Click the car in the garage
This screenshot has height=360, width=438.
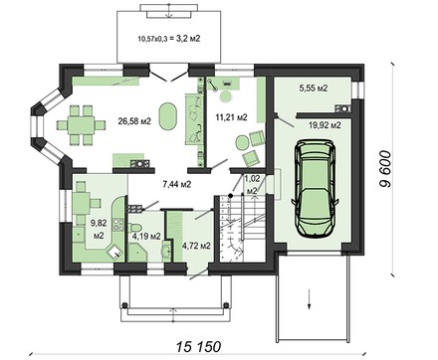point(316,188)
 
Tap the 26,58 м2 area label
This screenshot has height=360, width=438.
point(134,121)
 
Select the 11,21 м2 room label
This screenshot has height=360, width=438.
point(231,117)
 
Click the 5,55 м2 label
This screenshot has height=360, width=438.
point(314,89)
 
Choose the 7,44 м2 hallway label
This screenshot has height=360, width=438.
point(177,184)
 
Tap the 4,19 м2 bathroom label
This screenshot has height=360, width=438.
point(146,237)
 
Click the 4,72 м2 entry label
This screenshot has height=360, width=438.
point(196,246)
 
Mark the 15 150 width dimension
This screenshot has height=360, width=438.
point(198,347)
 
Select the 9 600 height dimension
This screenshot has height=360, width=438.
point(384,169)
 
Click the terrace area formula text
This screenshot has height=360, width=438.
point(169,39)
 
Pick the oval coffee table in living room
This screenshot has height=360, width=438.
point(167,116)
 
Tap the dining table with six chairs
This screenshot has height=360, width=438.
point(81,125)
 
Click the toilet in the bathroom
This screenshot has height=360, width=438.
point(135,227)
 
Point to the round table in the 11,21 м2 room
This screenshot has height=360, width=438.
point(241,142)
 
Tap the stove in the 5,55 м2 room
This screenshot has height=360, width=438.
point(342,108)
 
